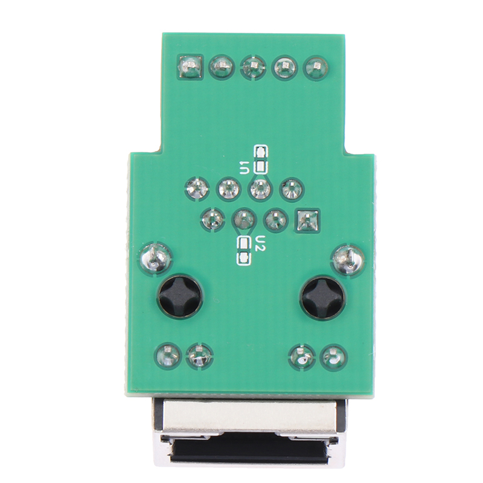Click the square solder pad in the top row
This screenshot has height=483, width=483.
click(191, 66)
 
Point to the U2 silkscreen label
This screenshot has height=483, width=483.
click(261, 244)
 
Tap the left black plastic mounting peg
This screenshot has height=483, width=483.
click(180, 296)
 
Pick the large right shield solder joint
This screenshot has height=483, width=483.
click(348, 259)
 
